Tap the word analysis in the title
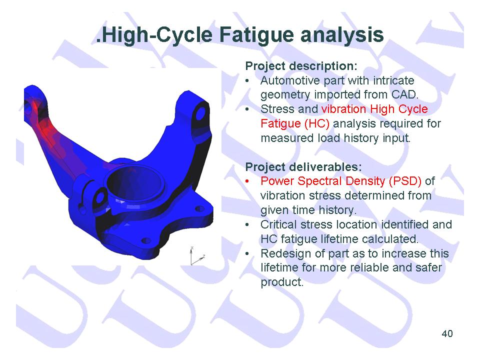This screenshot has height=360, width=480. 342,35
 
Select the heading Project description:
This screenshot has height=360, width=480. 301,66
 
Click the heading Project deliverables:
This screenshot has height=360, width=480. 303,167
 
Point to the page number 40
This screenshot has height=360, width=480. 447,333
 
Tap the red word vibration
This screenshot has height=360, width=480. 344,109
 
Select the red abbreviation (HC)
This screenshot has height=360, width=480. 316,123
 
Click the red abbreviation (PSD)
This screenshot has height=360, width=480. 405,181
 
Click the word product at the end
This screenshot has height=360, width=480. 281,282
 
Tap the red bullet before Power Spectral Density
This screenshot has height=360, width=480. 247,181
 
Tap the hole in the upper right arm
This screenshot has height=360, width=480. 200,113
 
